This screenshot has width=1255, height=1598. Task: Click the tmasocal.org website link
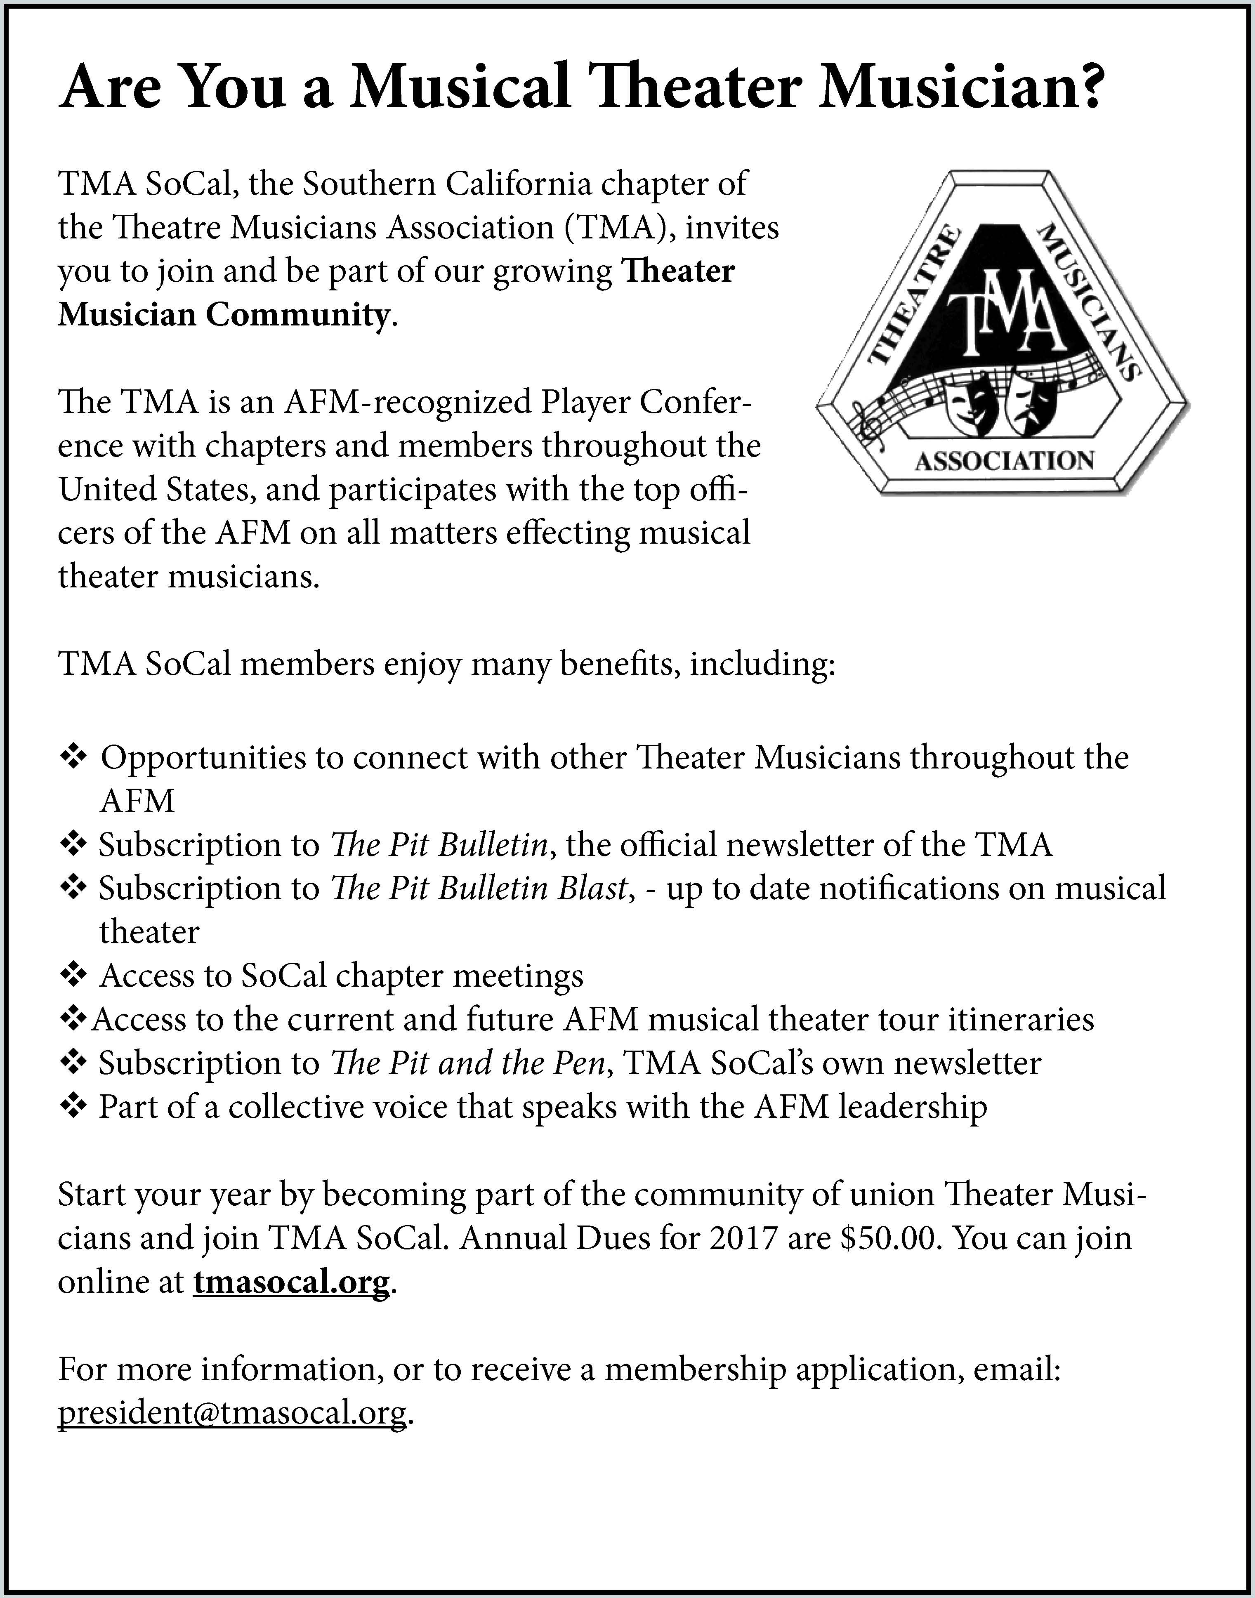tap(291, 1282)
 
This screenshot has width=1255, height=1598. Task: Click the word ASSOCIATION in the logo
tap(1004, 462)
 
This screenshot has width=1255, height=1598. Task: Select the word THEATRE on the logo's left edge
tap(915, 297)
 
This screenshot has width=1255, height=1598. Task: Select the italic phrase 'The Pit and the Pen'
tap(468, 1063)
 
